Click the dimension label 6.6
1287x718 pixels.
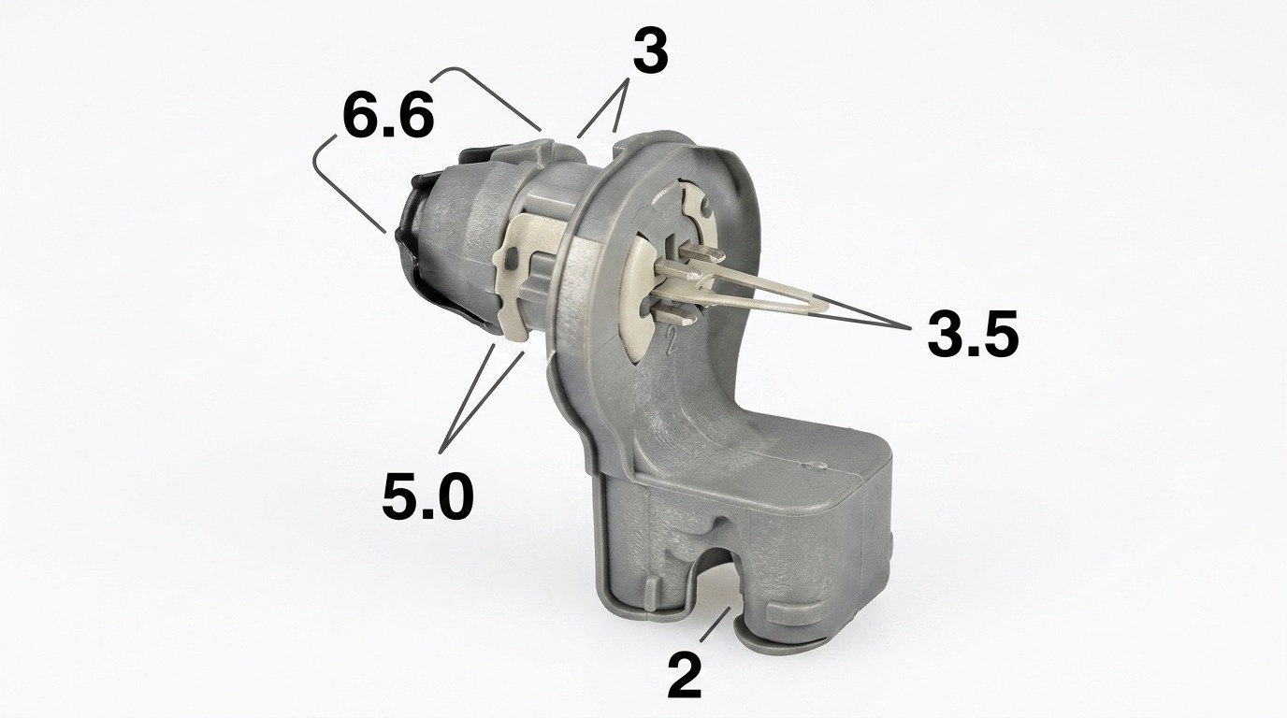coord(388,117)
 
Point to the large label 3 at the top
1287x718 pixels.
coord(650,51)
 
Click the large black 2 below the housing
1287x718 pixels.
coord(684,676)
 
